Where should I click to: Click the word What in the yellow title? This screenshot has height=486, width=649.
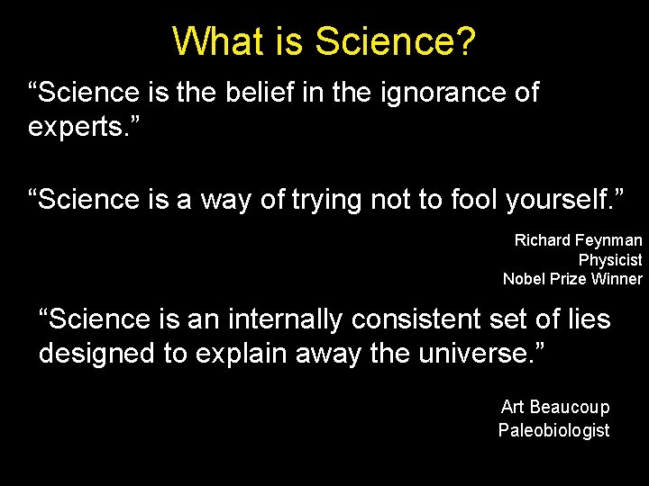(x=212, y=41)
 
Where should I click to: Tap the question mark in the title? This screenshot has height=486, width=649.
(x=464, y=41)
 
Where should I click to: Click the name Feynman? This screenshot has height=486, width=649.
(x=609, y=240)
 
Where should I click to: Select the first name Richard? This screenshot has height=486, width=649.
(x=543, y=240)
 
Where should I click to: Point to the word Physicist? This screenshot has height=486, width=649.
(x=610, y=260)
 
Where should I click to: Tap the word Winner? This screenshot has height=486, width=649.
(x=617, y=279)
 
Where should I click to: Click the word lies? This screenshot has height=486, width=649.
(x=585, y=319)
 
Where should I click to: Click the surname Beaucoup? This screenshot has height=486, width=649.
(x=570, y=408)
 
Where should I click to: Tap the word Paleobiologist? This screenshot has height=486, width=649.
(x=553, y=430)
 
